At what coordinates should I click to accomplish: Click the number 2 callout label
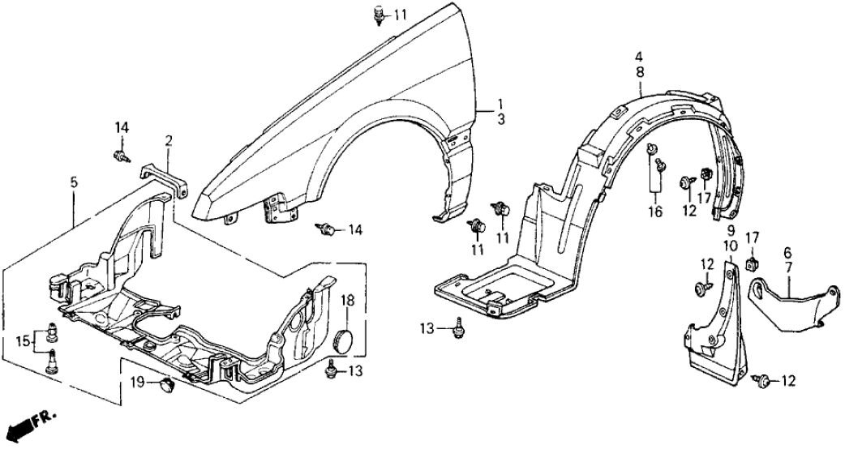pos(168,141)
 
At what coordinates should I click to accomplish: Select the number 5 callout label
pos(74,182)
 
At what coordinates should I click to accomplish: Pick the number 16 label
pos(654,212)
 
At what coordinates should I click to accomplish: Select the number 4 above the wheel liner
pos(639,57)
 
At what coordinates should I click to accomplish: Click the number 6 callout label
pos(787,252)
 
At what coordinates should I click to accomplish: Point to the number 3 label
pos(501,120)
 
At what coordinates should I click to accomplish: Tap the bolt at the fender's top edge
pos(379,15)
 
